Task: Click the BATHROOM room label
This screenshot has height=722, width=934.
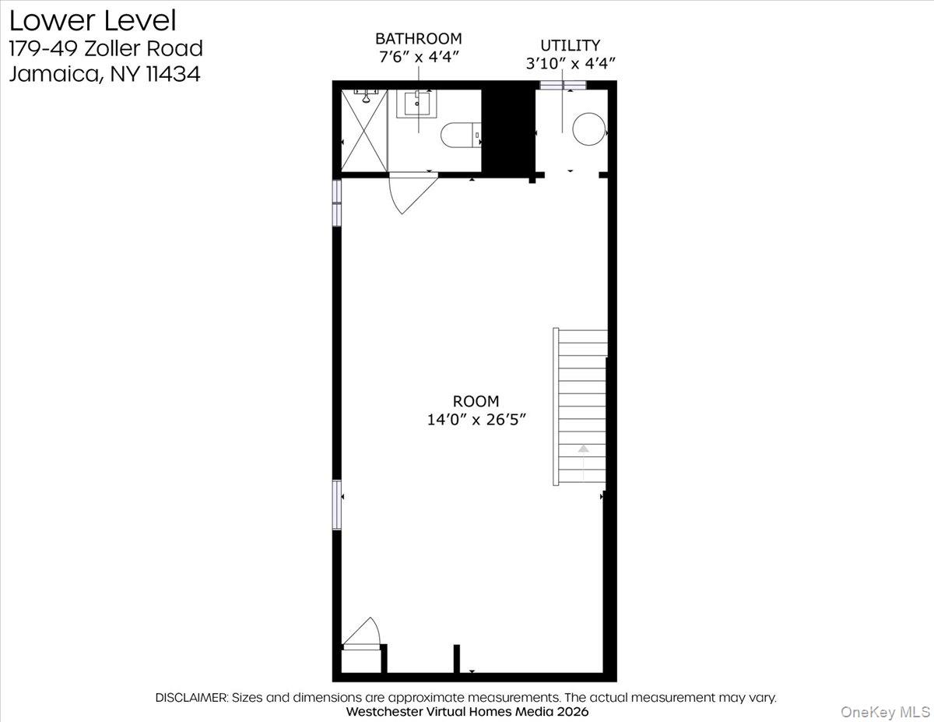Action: tap(418, 38)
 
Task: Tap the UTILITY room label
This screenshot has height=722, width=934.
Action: tap(571, 45)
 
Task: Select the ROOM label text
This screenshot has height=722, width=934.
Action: tap(476, 401)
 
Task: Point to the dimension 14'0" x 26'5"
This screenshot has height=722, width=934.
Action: tap(476, 420)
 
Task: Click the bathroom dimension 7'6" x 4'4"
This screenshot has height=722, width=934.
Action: tap(418, 56)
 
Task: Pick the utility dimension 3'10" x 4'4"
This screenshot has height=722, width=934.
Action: tap(571, 63)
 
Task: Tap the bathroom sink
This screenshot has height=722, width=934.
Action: tap(417, 103)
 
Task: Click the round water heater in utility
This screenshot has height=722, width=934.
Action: tap(588, 129)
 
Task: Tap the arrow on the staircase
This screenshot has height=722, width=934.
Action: tap(583, 449)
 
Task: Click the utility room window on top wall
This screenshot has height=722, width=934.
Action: tap(563, 85)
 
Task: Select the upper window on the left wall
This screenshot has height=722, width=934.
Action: tap(337, 203)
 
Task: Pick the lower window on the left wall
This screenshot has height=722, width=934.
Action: tap(337, 505)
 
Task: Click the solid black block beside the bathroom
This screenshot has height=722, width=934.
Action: tap(508, 131)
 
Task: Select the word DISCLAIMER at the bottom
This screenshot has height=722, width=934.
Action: tap(191, 698)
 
